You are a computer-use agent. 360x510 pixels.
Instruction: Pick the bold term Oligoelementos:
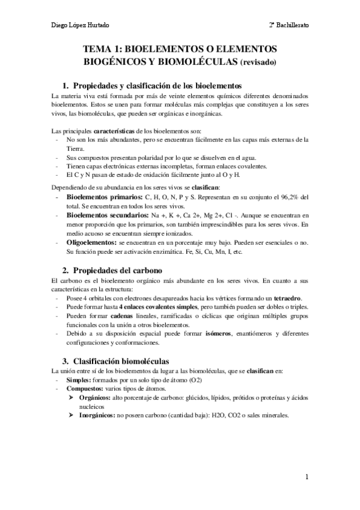pos(96,241)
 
